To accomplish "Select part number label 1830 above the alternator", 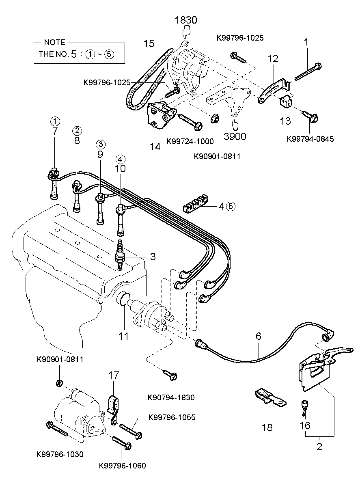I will [186, 20].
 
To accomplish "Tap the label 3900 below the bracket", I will [235, 136].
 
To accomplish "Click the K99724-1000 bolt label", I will [190, 141].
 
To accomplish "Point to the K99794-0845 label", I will [310, 139].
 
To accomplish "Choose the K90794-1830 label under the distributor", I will [171, 397].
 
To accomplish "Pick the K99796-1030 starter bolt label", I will [60, 454].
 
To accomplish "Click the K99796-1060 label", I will [122, 466].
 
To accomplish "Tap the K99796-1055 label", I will [172, 417].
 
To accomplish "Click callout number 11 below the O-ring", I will [123, 336].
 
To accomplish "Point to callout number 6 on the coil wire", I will [258, 337].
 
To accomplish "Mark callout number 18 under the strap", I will [267, 427].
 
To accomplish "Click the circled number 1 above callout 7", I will [55, 121].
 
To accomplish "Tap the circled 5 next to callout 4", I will [231, 206].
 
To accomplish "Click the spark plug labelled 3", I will [120, 256].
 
